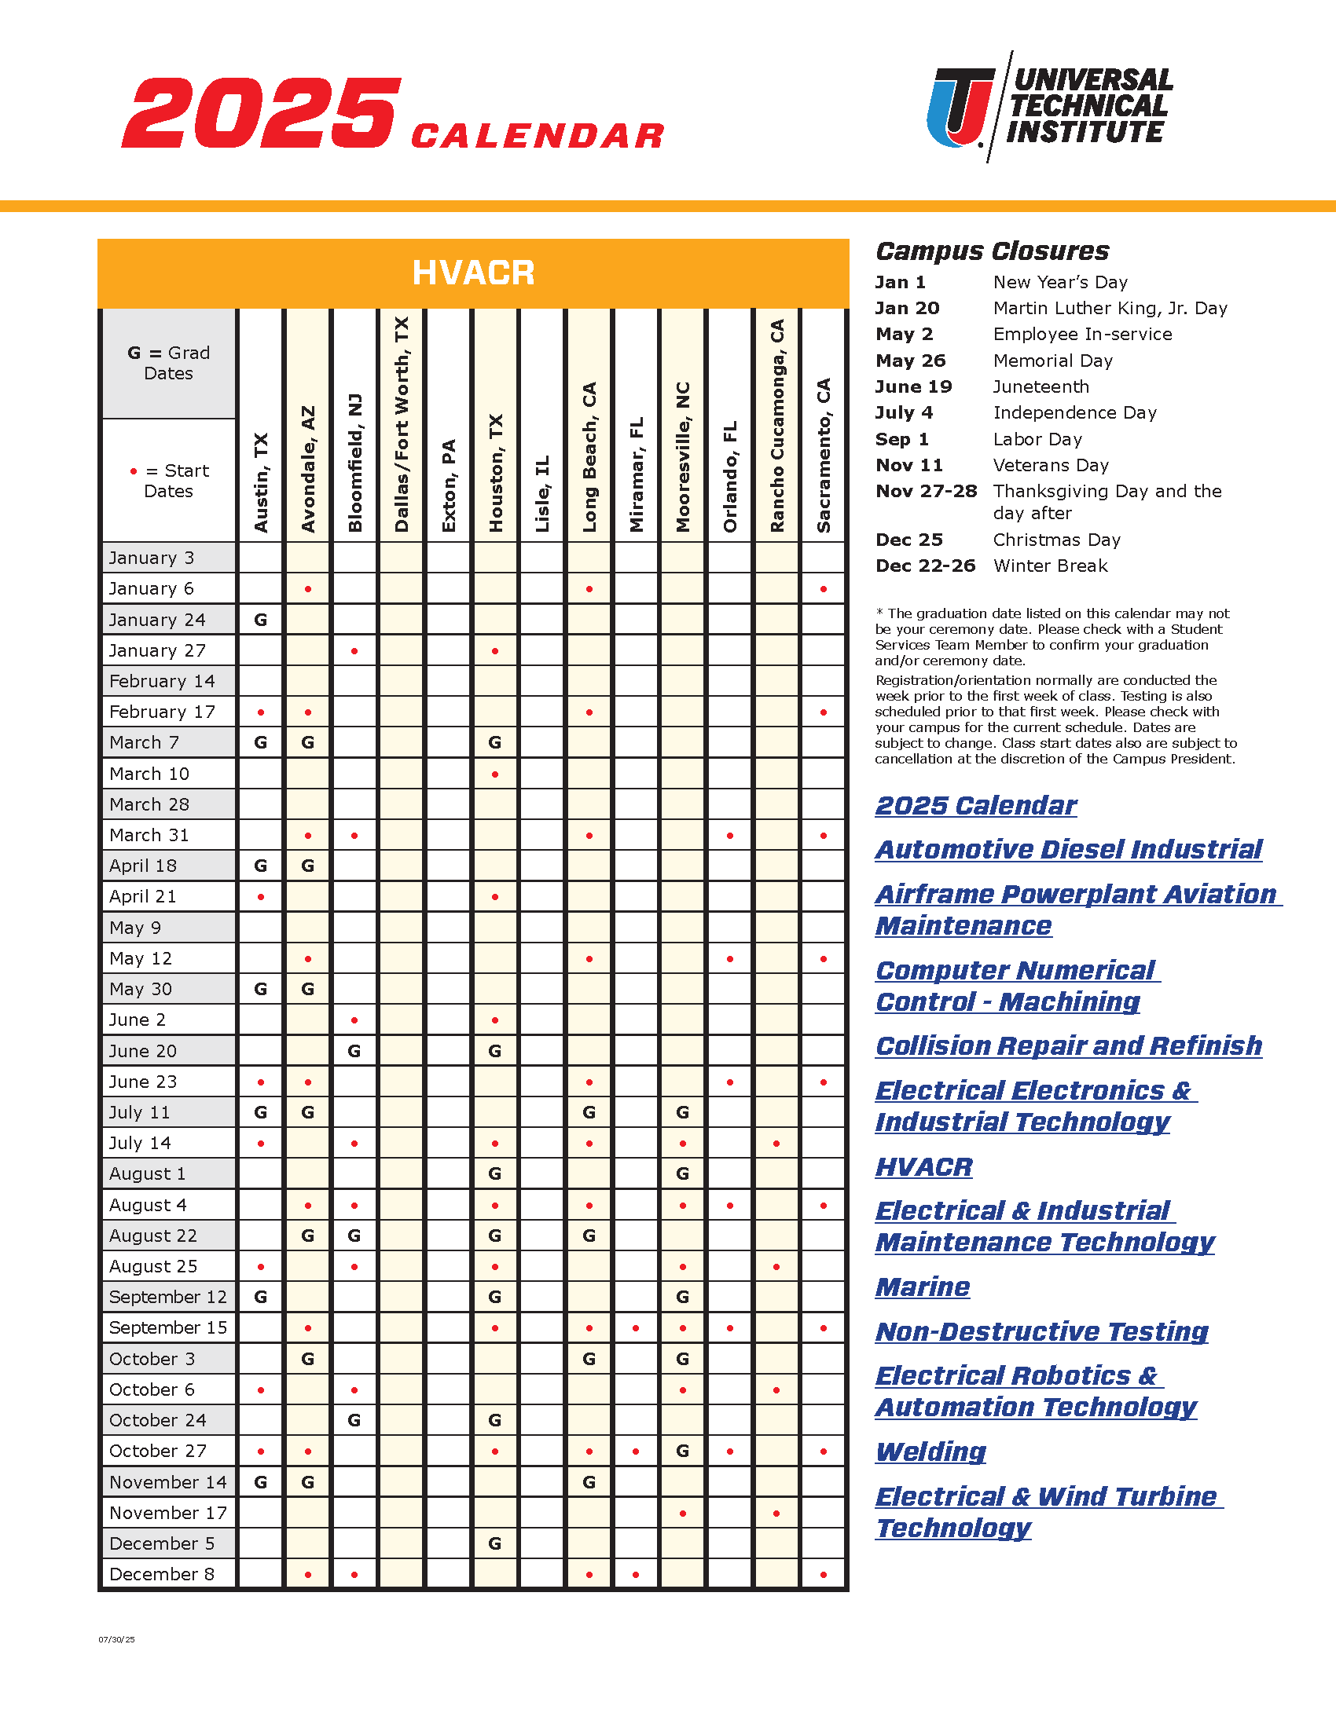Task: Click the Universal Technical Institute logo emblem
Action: (x=961, y=108)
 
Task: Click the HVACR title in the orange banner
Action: (x=473, y=273)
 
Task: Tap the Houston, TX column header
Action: (x=496, y=472)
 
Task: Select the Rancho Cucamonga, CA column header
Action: (x=777, y=426)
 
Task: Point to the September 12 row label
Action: (x=168, y=1297)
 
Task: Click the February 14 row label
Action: (x=162, y=681)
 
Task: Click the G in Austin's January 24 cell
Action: (x=260, y=620)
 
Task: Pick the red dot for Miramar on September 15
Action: (x=637, y=1328)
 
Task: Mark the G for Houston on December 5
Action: (x=494, y=1543)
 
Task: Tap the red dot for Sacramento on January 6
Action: (x=824, y=589)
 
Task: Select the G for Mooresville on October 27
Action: (x=682, y=1451)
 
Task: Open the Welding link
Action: (x=930, y=1452)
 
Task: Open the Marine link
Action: (x=923, y=1287)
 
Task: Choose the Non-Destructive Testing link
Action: (x=1041, y=1331)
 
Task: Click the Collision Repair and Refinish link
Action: (x=1069, y=1046)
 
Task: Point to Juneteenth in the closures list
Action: (x=1041, y=387)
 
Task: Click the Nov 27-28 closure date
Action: (x=926, y=492)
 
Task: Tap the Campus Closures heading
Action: (x=992, y=251)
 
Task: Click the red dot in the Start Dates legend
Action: (x=134, y=471)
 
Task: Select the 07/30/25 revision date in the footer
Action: (x=116, y=1640)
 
